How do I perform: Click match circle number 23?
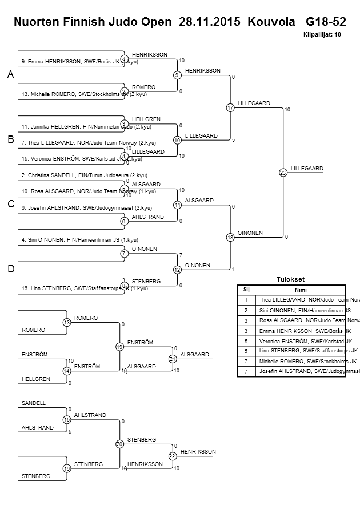click(282, 172)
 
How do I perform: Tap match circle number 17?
click(230, 107)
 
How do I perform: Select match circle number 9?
click(177, 75)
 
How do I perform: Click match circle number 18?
click(230, 237)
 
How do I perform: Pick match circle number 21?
click(172, 359)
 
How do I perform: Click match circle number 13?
click(66, 323)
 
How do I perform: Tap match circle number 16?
click(66, 468)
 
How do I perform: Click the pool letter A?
click(10, 75)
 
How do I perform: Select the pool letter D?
click(10, 269)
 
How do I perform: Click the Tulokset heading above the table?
click(290, 279)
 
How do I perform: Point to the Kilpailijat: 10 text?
click(322, 34)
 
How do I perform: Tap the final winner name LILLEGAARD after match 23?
click(307, 168)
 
